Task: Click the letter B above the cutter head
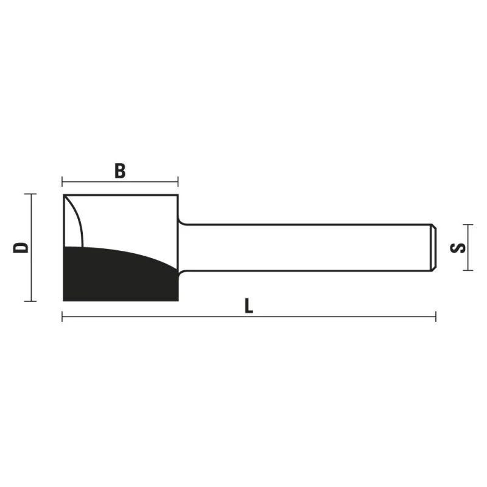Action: coord(120,171)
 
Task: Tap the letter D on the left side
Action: coord(21,247)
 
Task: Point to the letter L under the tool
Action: coord(248,306)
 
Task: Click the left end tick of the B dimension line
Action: coord(63,181)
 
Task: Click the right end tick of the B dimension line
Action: coord(178,181)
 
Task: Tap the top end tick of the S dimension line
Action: coord(467,225)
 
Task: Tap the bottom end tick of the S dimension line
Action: coord(467,270)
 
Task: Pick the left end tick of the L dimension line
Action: coord(63,317)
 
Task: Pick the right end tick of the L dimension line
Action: coord(436,317)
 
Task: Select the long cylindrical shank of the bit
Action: coord(304,248)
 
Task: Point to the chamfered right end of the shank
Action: coord(434,248)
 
